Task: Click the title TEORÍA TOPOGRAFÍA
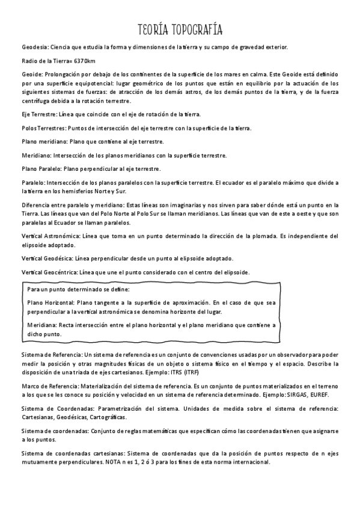click(180, 29)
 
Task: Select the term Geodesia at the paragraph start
click(35, 46)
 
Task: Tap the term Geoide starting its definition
click(32, 75)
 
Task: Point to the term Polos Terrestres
click(43, 128)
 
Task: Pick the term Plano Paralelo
click(41, 169)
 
